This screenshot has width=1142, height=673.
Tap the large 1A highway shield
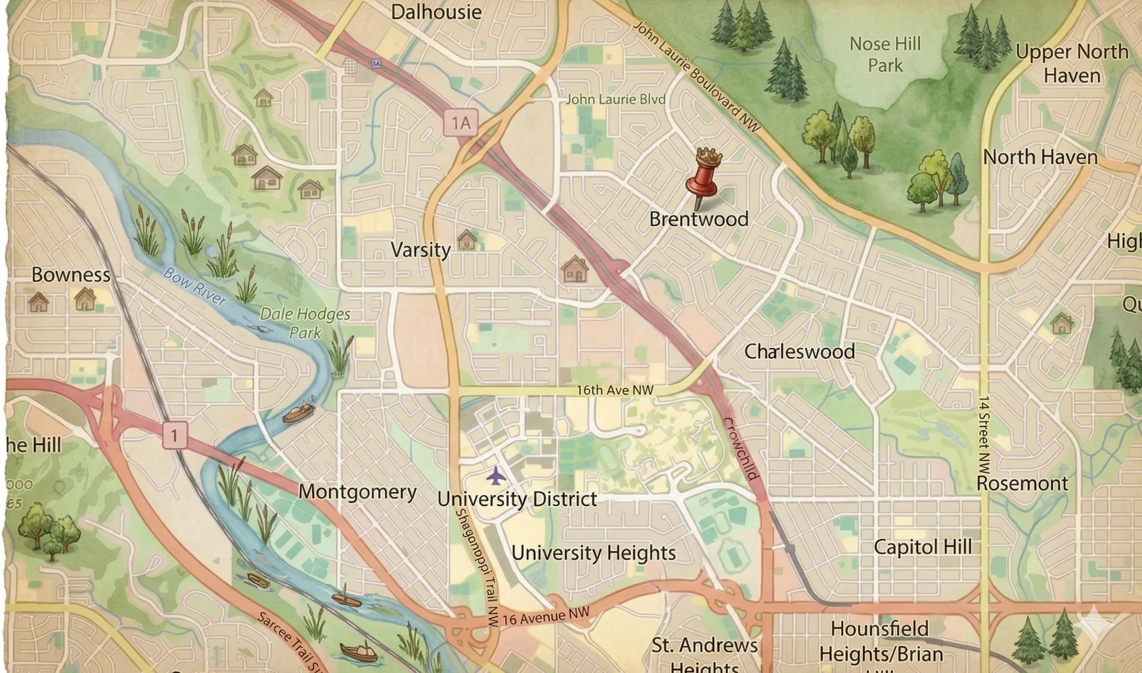[460, 122]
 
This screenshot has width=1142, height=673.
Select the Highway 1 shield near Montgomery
[174, 436]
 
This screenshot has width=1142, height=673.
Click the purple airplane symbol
[496, 476]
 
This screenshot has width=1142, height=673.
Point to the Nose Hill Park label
[885, 54]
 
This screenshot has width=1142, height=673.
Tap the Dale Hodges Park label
[305, 323]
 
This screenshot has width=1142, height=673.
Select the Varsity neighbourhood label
[421, 250]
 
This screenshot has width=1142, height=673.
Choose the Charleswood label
[799, 352]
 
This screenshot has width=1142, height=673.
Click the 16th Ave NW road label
[615, 390]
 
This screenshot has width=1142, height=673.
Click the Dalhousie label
[436, 12]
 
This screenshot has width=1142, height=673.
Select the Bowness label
[70, 275]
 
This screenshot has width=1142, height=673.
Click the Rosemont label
[1022, 483]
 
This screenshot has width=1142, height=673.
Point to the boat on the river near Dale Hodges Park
[298, 413]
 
